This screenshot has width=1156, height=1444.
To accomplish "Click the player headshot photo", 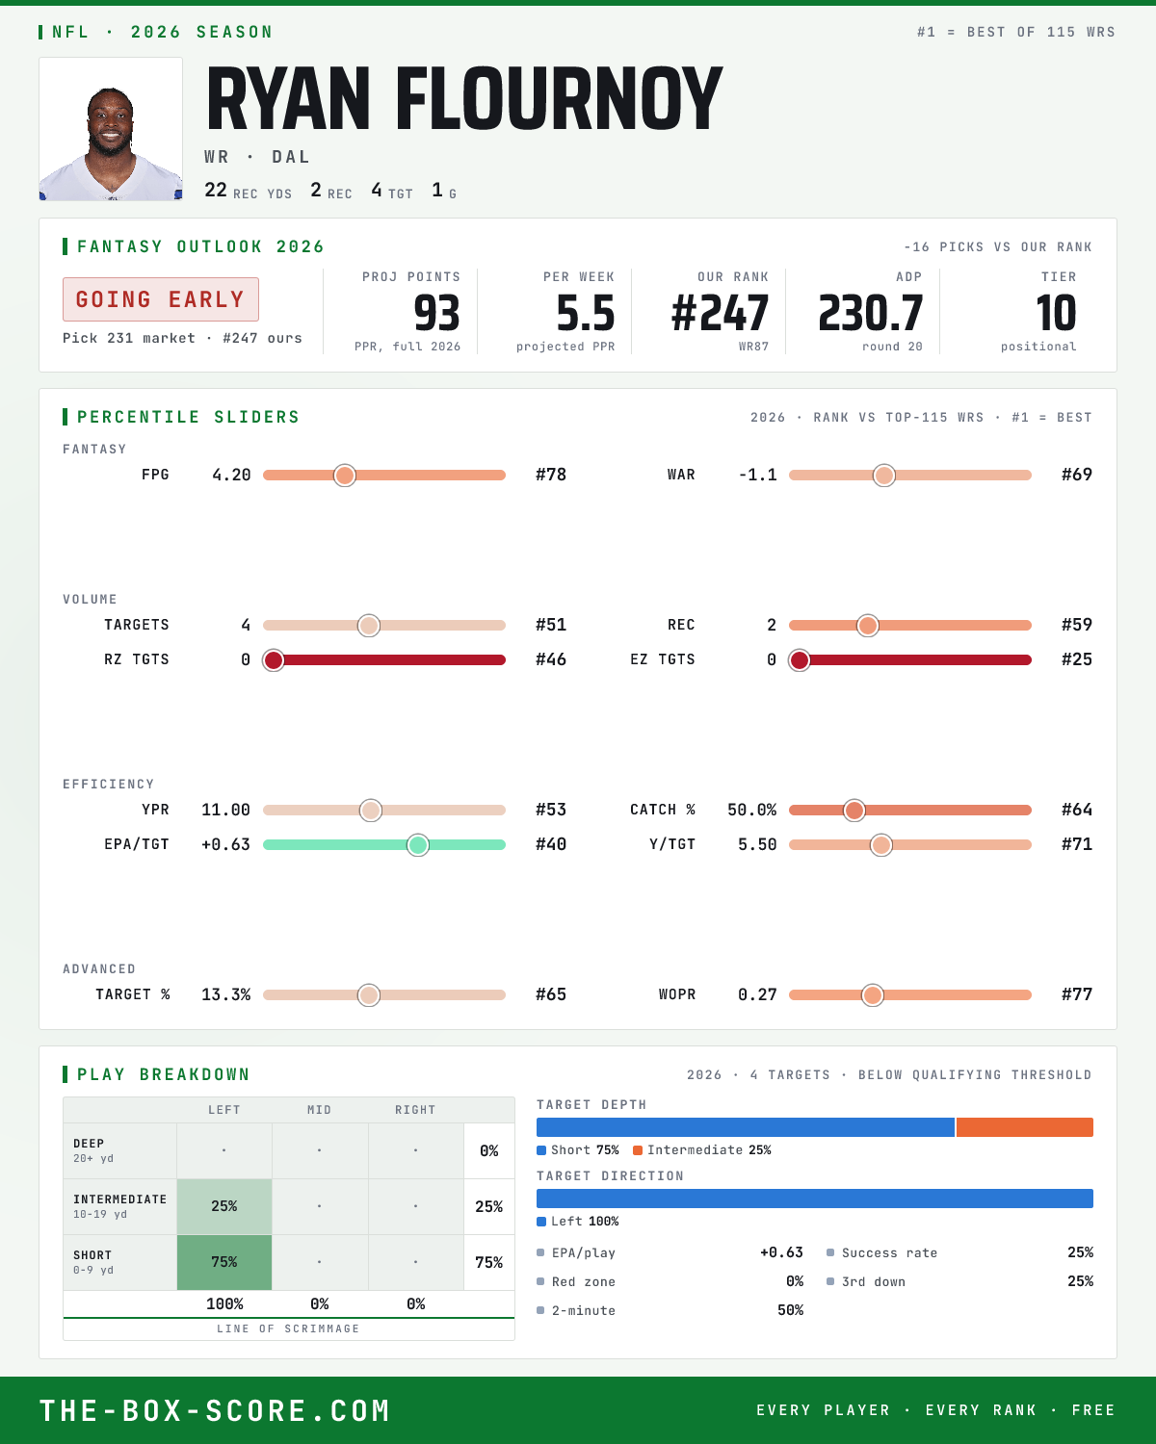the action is pos(111,129).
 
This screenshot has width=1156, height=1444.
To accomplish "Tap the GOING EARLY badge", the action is pos(161,299).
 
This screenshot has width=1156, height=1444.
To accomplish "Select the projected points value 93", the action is pos(436,314).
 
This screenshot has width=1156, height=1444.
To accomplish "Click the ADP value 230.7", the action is pos(871,314).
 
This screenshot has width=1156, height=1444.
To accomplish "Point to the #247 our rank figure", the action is pos(720,314).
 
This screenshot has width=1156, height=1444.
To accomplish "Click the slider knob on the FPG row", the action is pos(345,475).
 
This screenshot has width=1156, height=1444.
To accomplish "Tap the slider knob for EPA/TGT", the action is pos(418,845).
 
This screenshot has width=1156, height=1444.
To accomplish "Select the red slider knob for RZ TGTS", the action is pos(274,660).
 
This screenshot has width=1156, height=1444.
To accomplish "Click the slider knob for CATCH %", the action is pos(854,811).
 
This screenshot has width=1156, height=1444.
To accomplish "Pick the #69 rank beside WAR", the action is pos(1077,475).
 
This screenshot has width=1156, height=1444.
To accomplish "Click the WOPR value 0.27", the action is pos(757,994).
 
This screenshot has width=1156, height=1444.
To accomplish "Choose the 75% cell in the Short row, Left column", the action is pos(224,1262).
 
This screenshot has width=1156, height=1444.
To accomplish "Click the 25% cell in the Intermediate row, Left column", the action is pos(224,1206).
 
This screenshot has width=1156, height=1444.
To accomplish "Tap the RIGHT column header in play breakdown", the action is pos(415,1110).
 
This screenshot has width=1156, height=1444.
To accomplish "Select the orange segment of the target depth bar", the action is pos(1024,1127).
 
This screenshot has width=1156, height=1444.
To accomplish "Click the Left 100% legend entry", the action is pos(578,1222).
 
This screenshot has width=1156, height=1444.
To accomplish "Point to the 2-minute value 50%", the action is pos(790,1310).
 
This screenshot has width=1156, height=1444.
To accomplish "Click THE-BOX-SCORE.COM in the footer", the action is pos(215,1410).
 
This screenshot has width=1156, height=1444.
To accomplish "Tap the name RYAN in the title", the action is pos(288,98).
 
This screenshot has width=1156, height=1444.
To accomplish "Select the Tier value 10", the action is pos(1056,314).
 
